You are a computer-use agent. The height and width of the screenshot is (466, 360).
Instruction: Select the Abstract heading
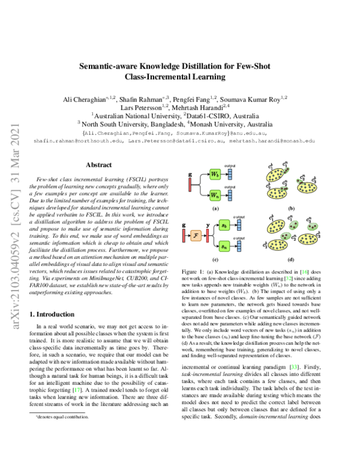click(x=98, y=164)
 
